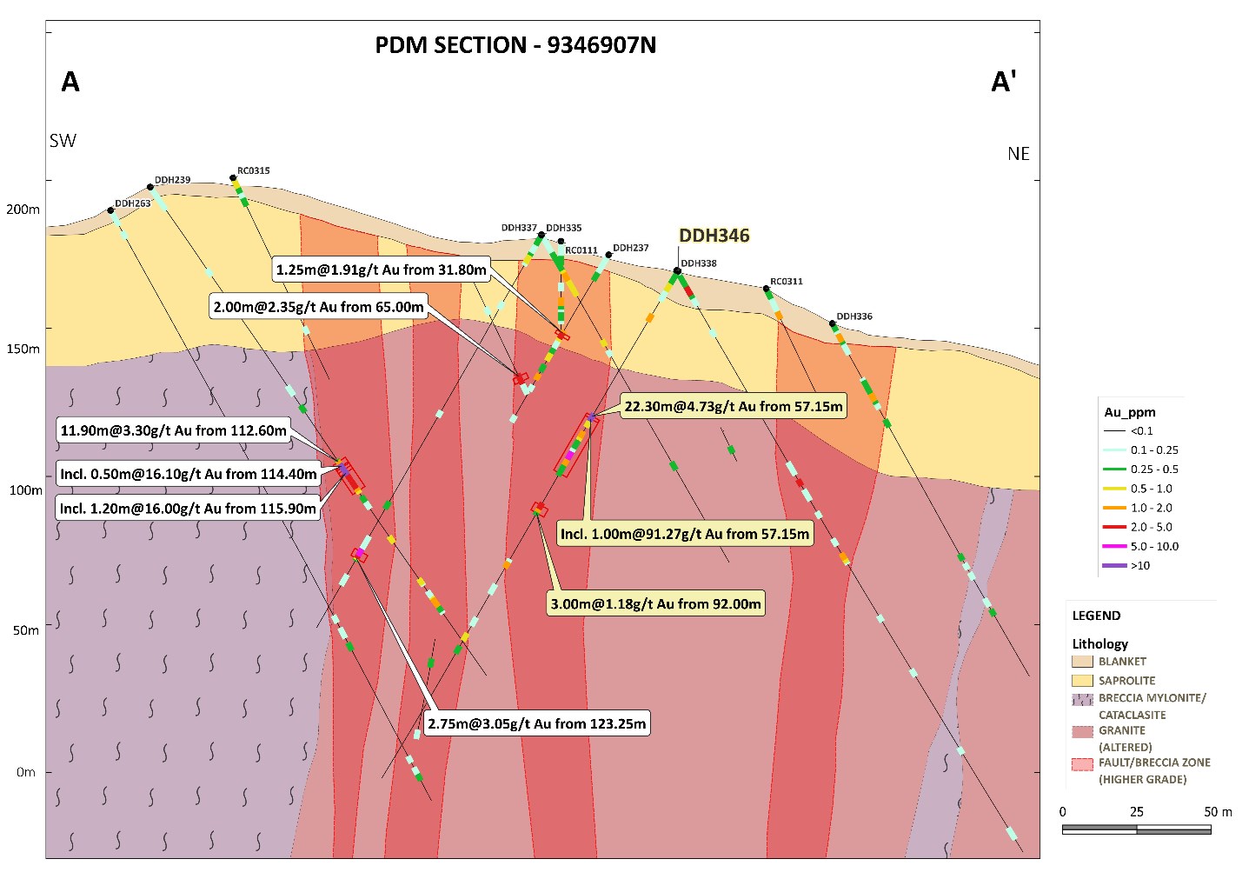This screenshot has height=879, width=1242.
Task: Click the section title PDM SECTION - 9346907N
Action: point(515,45)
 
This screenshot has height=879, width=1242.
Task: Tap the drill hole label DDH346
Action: point(714,236)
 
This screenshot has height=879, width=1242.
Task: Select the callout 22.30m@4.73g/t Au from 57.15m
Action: point(733,406)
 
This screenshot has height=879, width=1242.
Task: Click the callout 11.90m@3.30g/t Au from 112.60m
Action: point(173,430)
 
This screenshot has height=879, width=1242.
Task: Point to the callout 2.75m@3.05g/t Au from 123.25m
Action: point(536,723)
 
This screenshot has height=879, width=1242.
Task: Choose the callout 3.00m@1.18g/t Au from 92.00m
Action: point(655,603)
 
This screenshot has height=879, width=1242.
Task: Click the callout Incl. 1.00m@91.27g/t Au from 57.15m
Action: point(684,534)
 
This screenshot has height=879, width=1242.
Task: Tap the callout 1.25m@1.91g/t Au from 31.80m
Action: point(381,270)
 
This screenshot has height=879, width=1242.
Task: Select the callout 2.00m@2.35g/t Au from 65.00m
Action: point(318,307)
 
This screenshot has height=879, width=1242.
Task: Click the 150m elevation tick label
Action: point(23,349)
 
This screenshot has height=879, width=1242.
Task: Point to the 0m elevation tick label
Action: point(26,772)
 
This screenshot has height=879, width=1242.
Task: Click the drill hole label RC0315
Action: point(254,170)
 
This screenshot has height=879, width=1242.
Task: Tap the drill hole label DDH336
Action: point(854,316)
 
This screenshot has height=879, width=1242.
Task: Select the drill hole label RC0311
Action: point(787,282)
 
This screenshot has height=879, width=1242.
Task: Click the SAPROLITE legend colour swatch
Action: point(1082,681)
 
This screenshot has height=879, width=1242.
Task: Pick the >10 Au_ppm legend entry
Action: point(1139,566)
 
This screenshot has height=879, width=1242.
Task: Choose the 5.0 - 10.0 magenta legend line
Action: point(1114,547)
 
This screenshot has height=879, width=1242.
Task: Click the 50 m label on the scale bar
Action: point(1218,812)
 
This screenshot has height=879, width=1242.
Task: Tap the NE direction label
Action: point(1018,154)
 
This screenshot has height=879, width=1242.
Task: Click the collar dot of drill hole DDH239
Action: point(150,187)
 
